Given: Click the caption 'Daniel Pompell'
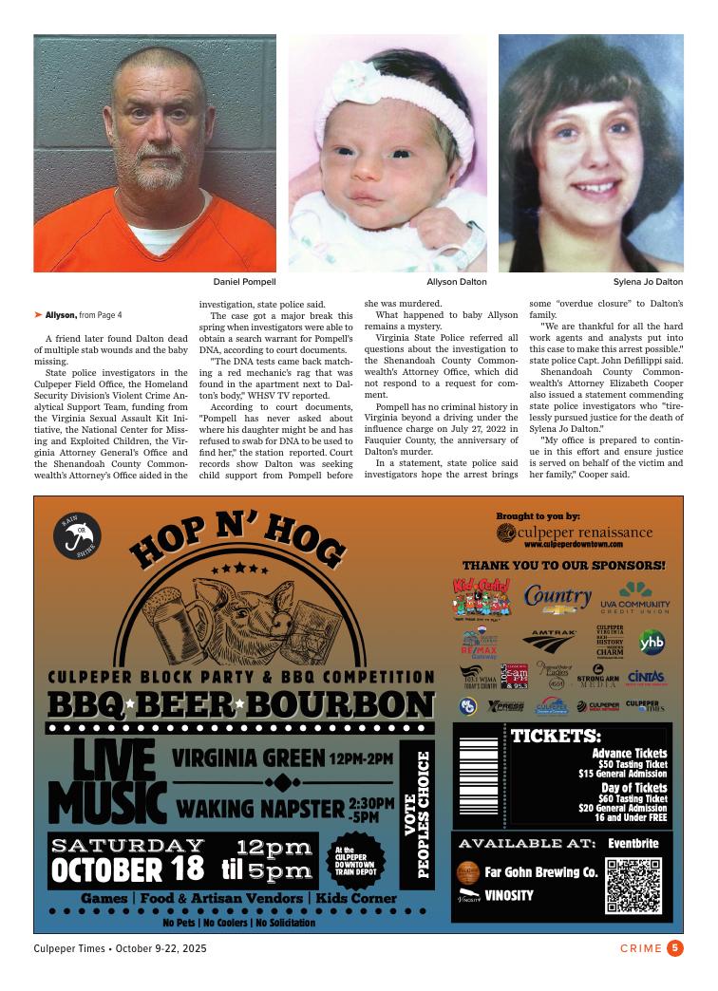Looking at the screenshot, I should pyautogui.click(x=244, y=282).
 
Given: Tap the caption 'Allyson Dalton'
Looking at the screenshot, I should pyautogui.click(x=456, y=282).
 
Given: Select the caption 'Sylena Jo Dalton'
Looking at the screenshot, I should pyautogui.click(x=648, y=282).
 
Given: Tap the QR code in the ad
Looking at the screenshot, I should pyautogui.click(x=633, y=884).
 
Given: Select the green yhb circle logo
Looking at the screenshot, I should pyautogui.click(x=652, y=642).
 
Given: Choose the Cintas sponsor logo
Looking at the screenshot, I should pyautogui.click(x=646, y=677).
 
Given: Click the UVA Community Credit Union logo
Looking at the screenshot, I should pyautogui.click(x=635, y=598).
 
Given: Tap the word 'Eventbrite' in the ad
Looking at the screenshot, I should pyautogui.click(x=633, y=843).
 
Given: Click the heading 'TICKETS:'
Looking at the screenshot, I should pyautogui.click(x=556, y=737).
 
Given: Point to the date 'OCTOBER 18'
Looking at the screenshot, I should pyautogui.click(x=127, y=869).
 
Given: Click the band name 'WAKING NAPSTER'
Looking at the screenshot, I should pyautogui.click(x=260, y=810).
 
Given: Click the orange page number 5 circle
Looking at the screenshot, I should pyautogui.click(x=675, y=947).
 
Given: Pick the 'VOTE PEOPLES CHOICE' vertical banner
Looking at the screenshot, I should pyautogui.click(x=419, y=820).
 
